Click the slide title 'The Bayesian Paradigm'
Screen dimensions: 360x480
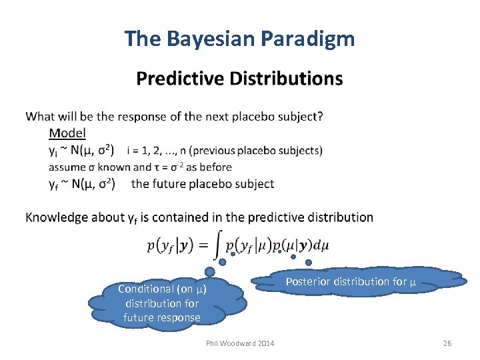(239, 39)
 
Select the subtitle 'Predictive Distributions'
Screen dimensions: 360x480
(239, 79)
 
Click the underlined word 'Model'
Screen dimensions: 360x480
(67, 133)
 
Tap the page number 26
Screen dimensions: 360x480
(447, 343)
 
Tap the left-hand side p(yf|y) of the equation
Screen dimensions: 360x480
(170, 245)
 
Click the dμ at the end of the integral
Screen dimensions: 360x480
(321, 245)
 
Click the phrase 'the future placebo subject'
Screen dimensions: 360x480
(203, 183)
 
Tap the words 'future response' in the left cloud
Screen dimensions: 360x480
(161, 317)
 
